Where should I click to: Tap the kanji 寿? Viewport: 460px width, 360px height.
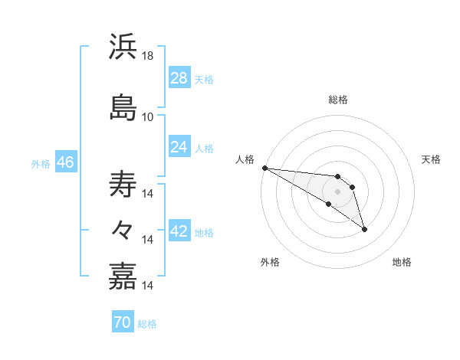pos(123,184)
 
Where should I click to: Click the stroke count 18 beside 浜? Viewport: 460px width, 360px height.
pos(148,56)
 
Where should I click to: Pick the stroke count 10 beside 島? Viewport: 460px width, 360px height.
pos(148,117)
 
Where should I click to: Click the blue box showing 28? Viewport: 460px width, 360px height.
pos(179,78)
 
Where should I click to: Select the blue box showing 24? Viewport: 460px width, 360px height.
pos(179,147)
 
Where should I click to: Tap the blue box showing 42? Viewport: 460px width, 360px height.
pos(179,232)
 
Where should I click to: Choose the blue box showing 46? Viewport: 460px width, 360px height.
pos(65,163)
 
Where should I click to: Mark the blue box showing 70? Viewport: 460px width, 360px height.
pos(123,323)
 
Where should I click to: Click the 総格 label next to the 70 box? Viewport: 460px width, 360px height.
pos(148,324)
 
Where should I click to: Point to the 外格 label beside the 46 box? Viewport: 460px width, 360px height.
pos(41,164)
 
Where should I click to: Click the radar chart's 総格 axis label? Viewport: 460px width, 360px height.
pos(338,100)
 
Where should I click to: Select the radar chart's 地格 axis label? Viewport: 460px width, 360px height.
pos(402,262)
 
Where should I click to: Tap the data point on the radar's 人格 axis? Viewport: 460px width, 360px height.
pos(264,168)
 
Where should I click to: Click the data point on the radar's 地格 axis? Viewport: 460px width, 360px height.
pos(364,229)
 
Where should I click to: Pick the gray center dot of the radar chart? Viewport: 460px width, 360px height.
pos(338,191)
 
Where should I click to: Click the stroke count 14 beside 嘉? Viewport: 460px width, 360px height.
pos(148,286)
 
